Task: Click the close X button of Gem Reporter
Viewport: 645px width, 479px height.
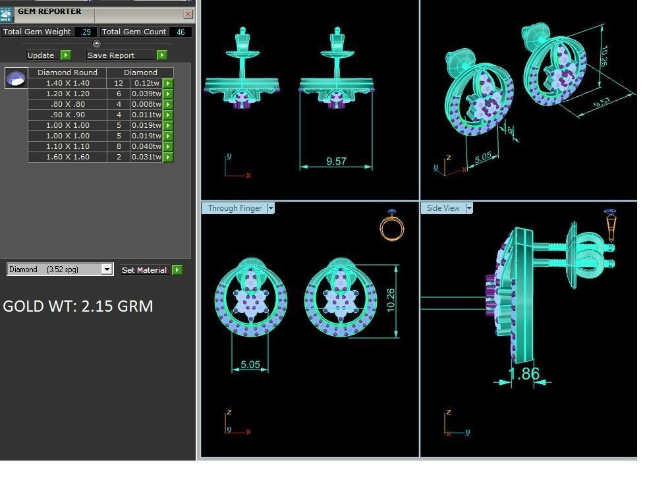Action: [x=188, y=14]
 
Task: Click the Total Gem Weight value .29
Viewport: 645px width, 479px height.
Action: [x=86, y=32]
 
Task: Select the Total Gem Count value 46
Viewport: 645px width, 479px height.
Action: [x=180, y=32]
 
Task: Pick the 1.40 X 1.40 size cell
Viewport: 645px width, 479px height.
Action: [x=67, y=83]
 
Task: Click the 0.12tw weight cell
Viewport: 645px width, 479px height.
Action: [x=146, y=83]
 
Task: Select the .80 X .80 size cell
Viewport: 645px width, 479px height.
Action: [x=67, y=104]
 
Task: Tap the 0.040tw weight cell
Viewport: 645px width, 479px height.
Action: [x=146, y=146]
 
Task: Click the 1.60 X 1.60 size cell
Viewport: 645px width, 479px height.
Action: [x=67, y=157]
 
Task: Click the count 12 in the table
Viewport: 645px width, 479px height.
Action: [x=119, y=83]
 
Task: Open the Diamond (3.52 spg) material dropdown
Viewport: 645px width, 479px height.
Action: [x=107, y=269]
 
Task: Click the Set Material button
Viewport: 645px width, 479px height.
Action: [x=144, y=269]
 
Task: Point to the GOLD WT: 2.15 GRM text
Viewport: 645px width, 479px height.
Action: [x=78, y=306]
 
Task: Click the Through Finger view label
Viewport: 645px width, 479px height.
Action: [x=235, y=208]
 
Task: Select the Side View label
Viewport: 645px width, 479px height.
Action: [x=443, y=208]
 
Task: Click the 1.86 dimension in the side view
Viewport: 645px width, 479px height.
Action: [x=524, y=374]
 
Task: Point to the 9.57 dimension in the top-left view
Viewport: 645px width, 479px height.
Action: [x=336, y=161]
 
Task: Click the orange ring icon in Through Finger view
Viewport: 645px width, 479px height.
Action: [x=392, y=227]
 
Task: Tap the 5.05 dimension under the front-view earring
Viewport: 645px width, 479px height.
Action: [x=250, y=364]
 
